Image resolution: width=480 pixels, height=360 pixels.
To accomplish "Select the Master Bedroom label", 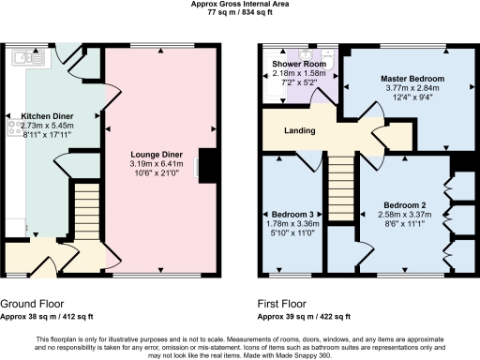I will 412,79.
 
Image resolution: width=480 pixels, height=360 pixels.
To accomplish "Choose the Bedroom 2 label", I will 404,204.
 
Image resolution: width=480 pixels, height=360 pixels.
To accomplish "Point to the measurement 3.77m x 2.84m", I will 412,90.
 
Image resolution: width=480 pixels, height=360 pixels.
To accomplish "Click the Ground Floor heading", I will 33,305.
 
